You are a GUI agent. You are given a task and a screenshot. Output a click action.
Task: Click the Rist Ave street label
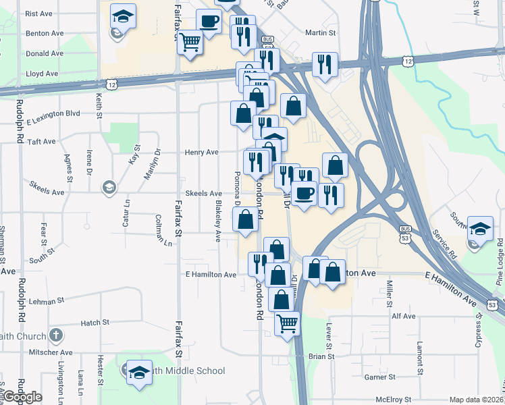tap(38, 13)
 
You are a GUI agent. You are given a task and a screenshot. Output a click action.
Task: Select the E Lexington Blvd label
tap(54, 114)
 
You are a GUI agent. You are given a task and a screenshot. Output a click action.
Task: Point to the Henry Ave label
tap(202, 153)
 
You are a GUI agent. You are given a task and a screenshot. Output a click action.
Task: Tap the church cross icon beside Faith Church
tap(56, 335)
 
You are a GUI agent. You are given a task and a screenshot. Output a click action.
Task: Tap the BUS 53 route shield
tap(405, 235)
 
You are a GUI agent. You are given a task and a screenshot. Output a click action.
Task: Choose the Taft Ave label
tap(41, 142)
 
